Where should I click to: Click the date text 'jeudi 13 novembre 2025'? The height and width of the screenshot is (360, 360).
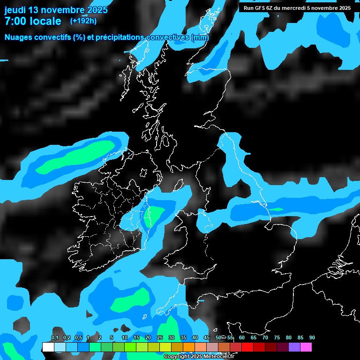click(56, 10)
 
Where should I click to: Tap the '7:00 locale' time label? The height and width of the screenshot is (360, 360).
click(33, 21)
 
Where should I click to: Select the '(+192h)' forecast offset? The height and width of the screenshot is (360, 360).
click(83, 21)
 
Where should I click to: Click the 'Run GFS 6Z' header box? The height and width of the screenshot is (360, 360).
click(297, 8)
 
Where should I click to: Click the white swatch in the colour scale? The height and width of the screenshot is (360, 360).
click(48, 347)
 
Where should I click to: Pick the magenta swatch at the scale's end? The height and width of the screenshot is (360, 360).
click(306, 347)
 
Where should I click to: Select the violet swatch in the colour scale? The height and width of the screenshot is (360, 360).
click(294, 347)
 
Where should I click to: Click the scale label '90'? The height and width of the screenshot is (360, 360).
click(312, 338)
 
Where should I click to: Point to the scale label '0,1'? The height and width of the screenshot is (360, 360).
click(54, 338)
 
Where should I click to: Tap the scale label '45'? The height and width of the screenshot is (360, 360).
click(207, 338)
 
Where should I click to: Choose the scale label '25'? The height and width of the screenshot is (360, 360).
click(160, 338)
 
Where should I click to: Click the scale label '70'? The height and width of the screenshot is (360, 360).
click(265, 338)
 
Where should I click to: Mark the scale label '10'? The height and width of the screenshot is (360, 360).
click(125, 338)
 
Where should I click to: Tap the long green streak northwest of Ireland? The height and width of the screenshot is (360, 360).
click(77, 157)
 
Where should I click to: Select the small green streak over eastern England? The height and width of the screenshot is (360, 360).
click(275, 209)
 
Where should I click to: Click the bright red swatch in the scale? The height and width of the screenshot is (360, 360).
click(247, 347)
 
